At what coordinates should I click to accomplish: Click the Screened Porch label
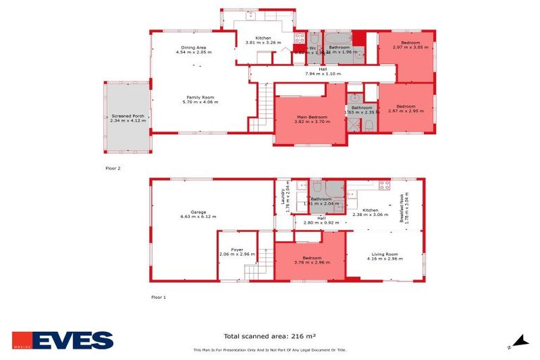(x=127, y=116)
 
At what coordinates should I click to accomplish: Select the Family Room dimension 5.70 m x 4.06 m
(x=200, y=102)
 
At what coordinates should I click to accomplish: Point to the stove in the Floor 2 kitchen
(x=300, y=39)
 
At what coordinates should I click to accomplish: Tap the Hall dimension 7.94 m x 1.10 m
(x=323, y=74)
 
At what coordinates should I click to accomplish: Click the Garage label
(x=198, y=212)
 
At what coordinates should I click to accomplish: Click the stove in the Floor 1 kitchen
(x=385, y=186)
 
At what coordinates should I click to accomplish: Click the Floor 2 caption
(x=113, y=168)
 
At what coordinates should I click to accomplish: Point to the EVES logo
(x=63, y=341)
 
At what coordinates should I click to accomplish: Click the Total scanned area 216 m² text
(x=269, y=337)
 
